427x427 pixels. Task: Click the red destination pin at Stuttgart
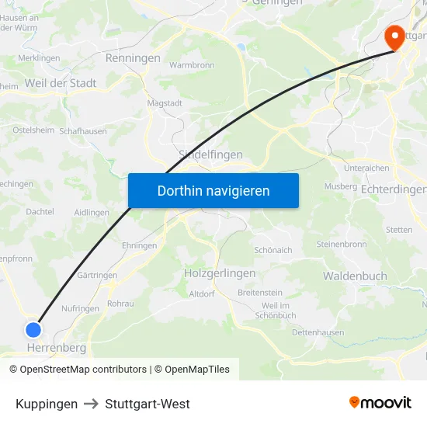tap(394, 36)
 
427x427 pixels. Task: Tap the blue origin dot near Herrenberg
tap(33, 329)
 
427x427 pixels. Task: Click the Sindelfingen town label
tap(210, 154)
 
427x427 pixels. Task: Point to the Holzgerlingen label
tap(220, 273)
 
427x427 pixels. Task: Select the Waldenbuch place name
tap(354, 276)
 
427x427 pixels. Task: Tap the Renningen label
tap(133, 58)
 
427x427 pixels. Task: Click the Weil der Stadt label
tap(61, 83)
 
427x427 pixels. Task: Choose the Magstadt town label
tap(165, 103)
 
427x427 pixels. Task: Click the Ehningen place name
tap(139, 245)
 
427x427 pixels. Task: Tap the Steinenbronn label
tap(342, 244)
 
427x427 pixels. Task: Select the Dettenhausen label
tap(318, 332)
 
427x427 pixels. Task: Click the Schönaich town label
tap(273, 250)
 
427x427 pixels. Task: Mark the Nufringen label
tap(80, 308)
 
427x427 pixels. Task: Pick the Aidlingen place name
tap(92, 212)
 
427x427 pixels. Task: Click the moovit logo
tap(380, 403)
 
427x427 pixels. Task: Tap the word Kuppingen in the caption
tap(47, 404)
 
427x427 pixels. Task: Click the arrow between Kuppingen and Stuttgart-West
tap(92, 404)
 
